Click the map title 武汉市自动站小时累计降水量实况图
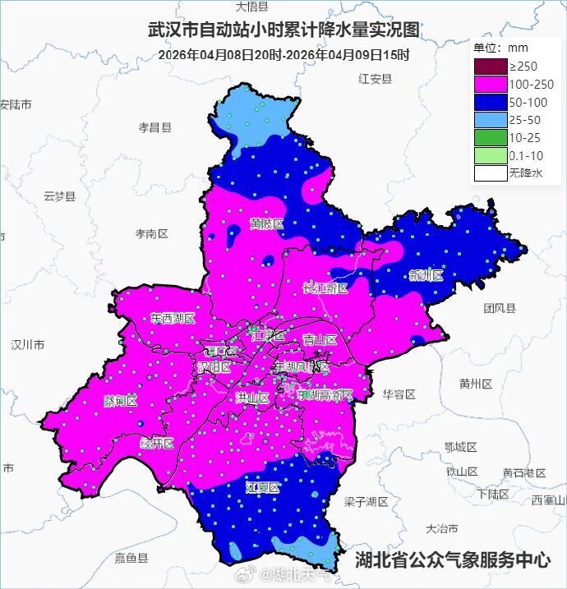coord(283,31)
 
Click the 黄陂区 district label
coord(267,224)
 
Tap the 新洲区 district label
coord(425,275)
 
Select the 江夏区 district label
coord(263,487)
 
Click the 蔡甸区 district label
coord(120,401)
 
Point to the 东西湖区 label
coord(173,318)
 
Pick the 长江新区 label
coord(325,288)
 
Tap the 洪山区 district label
coord(252,398)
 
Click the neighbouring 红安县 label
coord(376,79)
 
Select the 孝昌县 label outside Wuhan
coord(154,127)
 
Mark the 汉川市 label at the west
coord(27,345)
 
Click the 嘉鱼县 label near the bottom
coord(131,559)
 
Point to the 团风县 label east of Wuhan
coord(499,308)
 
